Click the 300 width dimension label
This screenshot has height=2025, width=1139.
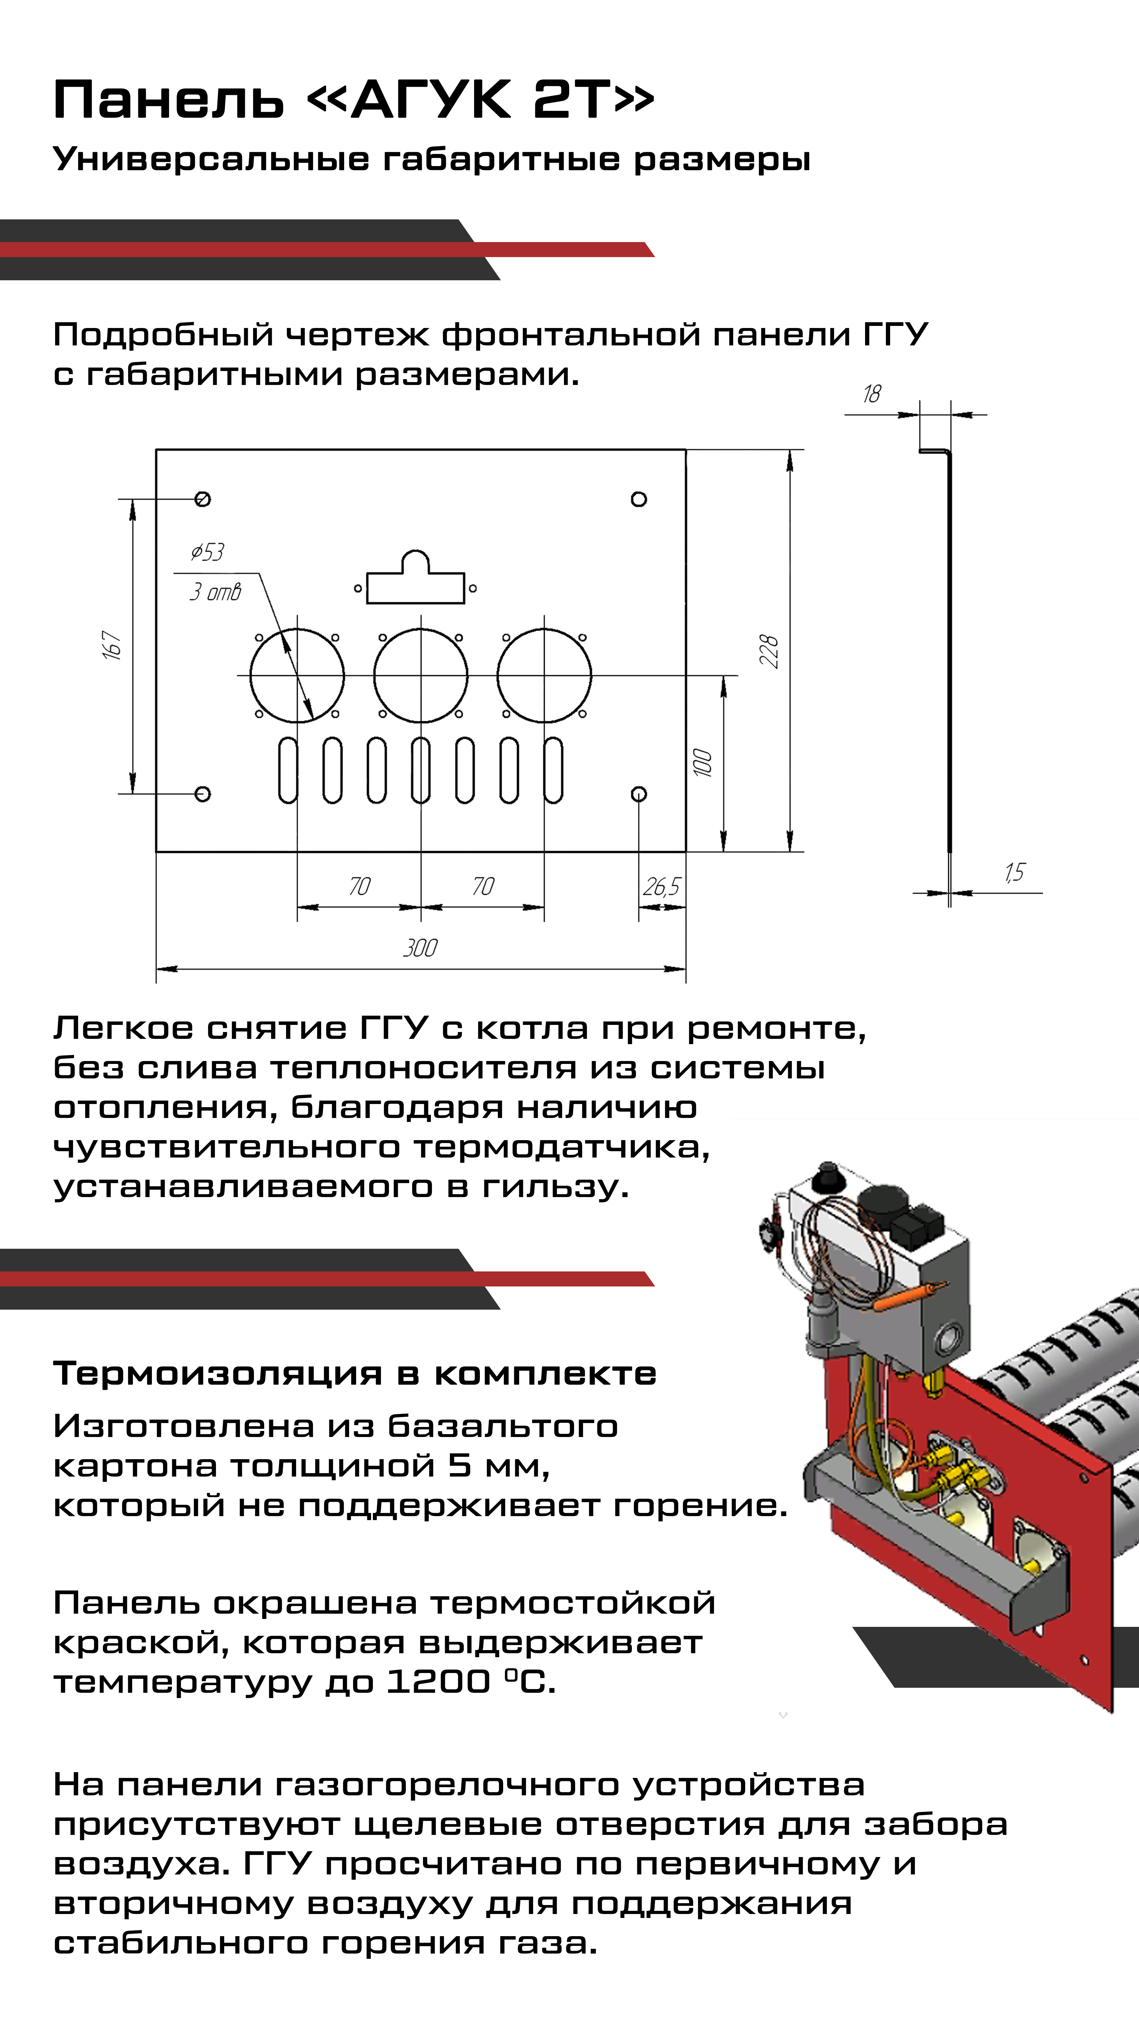click(x=420, y=947)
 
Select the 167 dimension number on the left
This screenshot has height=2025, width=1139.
click(x=112, y=645)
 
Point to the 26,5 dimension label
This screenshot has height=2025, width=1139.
click(x=661, y=887)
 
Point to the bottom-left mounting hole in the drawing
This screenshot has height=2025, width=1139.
click(x=203, y=794)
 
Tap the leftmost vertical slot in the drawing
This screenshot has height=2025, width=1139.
click(x=288, y=770)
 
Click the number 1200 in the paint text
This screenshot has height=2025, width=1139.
click(x=439, y=1681)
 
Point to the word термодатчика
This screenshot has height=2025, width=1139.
click(x=561, y=1147)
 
